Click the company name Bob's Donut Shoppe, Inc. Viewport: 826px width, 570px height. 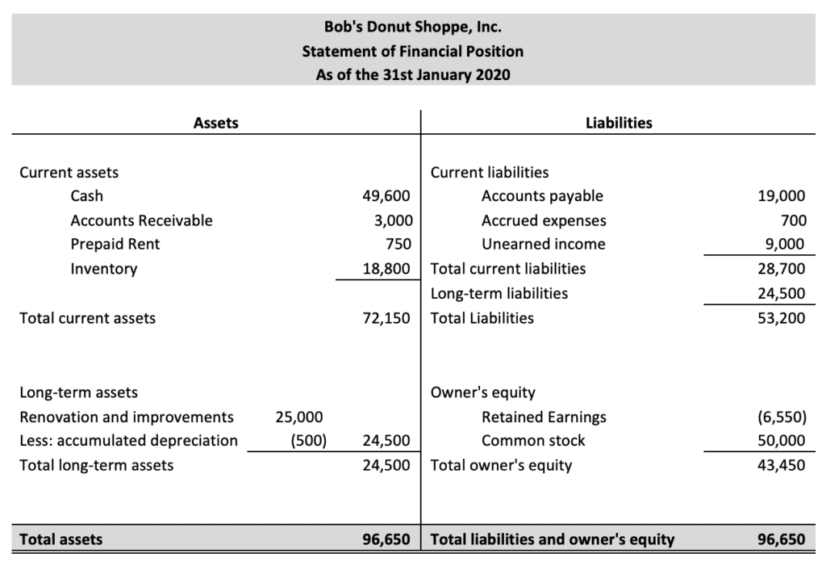(x=412, y=27)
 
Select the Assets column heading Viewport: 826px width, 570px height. (x=215, y=123)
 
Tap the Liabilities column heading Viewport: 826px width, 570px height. (x=618, y=123)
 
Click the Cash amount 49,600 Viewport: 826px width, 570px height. (x=387, y=196)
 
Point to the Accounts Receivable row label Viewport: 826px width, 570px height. (x=141, y=220)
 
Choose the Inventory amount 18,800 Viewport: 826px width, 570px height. (x=387, y=268)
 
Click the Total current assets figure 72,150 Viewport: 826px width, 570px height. (x=387, y=318)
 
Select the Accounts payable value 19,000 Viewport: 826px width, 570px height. (x=782, y=196)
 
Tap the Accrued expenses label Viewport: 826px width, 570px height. (x=544, y=220)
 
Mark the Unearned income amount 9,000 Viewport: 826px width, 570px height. (x=786, y=244)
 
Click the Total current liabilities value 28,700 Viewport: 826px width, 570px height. (x=782, y=268)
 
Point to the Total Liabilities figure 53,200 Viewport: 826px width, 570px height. (x=782, y=318)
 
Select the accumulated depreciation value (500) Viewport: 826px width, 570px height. (x=309, y=441)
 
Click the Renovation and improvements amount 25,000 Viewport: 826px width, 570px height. (x=299, y=417)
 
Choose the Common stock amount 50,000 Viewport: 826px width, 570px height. (x=782, y=441)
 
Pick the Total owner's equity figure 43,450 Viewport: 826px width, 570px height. (x=782, y=465)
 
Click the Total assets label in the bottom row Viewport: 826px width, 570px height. (x=60, y=539)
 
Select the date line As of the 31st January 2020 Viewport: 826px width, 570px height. (x=412, y=75)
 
